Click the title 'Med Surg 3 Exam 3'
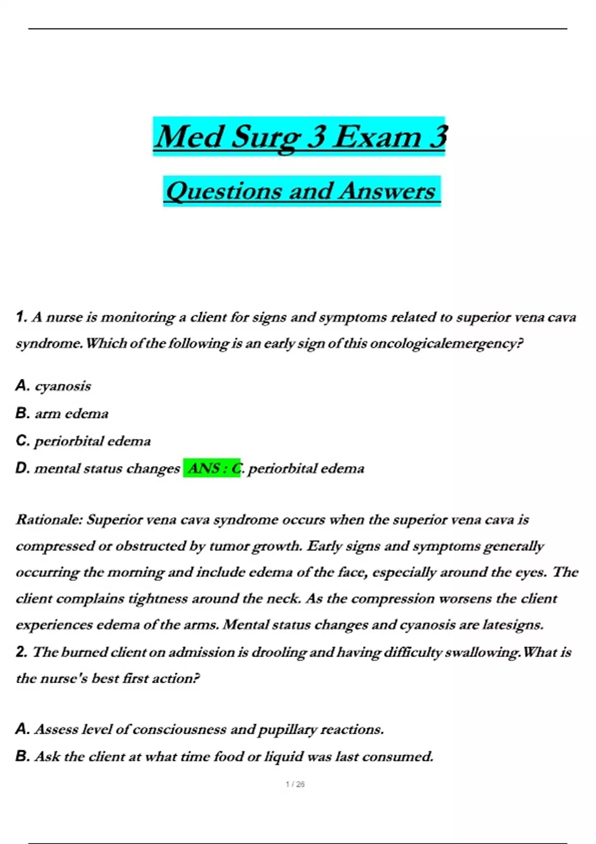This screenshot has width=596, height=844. (300, 137)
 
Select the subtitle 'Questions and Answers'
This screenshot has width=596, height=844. (301, 191)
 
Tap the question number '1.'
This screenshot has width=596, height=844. (21, 317)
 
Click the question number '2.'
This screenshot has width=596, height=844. (21, 652)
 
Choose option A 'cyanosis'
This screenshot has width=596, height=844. (63, 386)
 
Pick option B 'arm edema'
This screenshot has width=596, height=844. (71, 414)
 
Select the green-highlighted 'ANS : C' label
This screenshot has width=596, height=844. (212, 468)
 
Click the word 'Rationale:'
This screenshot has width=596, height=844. (49, 520)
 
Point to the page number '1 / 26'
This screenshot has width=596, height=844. (296, 784)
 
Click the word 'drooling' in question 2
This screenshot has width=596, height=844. (278, 652)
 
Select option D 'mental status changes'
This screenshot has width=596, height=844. (107, 468)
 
